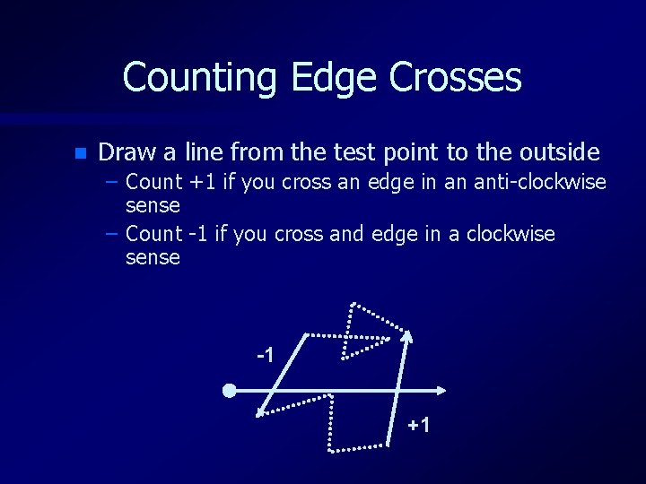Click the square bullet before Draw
click(x=80, y=153)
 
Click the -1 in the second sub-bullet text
click(x=198, y=234)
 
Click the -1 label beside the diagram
click(x=265, y=356)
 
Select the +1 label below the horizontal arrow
click(x=418, y=424)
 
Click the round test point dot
click(x=230, y=391)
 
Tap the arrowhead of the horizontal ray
click(x=441, y=391)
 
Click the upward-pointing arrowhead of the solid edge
click(x=406, y=338)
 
